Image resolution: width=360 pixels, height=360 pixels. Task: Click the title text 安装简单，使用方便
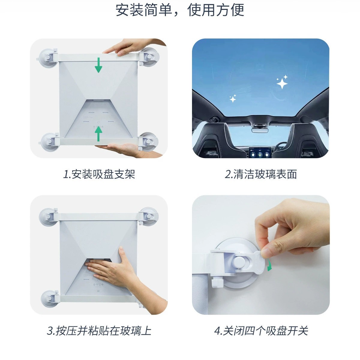pyautogui.click(x=180, y=10)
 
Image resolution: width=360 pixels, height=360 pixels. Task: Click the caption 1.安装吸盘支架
pyautogui.click(x=99, y=174)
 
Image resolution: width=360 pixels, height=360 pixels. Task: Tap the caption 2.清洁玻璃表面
pyautogui.click(x=261, y=174)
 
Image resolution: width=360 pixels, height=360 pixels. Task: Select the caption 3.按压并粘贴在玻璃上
pyautogui.click(x=99, y=331)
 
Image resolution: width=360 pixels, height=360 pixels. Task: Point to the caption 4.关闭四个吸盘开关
pyautogui.click(x=261, y=331)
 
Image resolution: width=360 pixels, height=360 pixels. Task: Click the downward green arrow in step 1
pyautogui.click(x=98, y=65)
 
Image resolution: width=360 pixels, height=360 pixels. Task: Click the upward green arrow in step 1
pyautogui.click(x=98, y=134)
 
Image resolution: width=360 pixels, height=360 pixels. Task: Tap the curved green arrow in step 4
pyautogui.click(x=269, y=265)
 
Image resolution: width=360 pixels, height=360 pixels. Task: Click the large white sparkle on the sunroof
pyautogui.click(x=282, y=83)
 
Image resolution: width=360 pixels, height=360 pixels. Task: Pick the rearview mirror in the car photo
pyautogui.click(x=260, y=130)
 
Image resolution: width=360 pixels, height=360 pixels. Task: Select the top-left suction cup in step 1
pyautogui.click(x=48, y=57)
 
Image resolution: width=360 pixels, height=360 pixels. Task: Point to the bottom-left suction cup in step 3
pyautogui.click(x=48, y=298)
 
